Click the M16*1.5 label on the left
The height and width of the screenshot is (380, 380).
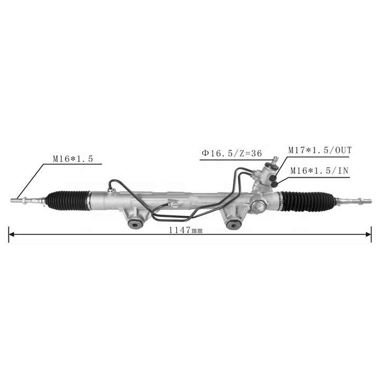coord(73,159)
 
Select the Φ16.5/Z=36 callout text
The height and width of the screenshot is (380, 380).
coord(232,153)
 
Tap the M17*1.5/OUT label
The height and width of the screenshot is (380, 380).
coord(320,150)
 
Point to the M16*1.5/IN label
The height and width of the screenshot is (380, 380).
coord(319,170)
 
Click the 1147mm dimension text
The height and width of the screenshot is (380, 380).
coord(186,230)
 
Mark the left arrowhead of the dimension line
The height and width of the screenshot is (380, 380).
coord(11,234)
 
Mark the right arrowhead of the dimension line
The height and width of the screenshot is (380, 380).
coord(368,234)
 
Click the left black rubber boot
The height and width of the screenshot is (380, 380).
coord(68,200)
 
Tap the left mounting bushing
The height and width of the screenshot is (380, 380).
coord(135,224)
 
